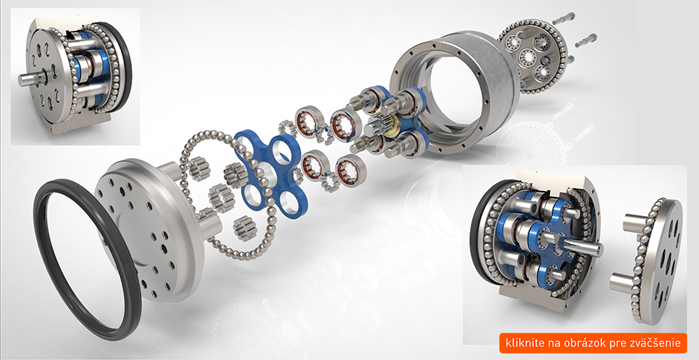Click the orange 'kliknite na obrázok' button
click(593, 342)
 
